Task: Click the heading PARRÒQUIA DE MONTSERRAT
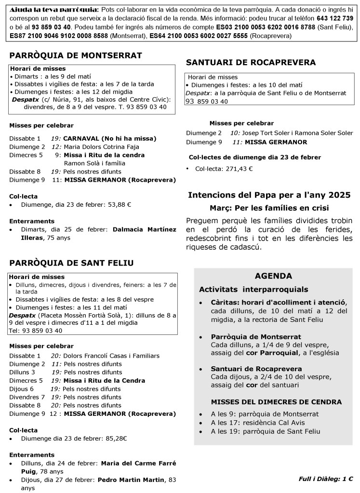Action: (76, 56)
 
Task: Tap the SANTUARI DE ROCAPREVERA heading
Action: (251, 63)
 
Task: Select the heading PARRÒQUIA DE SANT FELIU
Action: (71, 263)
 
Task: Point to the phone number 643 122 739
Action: (334, 18)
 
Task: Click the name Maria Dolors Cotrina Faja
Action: (98, 147)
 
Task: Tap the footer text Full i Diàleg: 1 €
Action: (325, 479)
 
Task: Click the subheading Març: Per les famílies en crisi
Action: (269, 208)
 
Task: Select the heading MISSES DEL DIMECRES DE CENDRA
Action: (277, 402)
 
